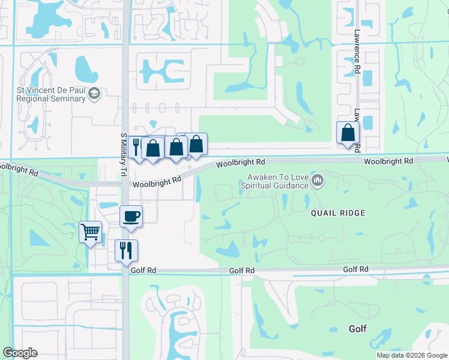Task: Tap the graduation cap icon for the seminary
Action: pos(95,94)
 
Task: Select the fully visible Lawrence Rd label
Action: pos(356,53)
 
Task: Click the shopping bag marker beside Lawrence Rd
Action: pos(348,133)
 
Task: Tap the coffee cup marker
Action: pos(131,217)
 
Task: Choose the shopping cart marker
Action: pos(90,231)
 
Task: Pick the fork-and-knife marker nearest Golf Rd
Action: pos(126,250)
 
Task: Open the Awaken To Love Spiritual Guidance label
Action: pos(276,181)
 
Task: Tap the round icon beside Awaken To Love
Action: pos(318,180)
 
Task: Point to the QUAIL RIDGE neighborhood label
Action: pos(337,213)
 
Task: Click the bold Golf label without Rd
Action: pos(358,329)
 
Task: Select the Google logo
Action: pos(20,353)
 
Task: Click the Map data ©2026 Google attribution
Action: pos(412,355)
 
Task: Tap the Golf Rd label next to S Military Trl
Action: pos(144,271)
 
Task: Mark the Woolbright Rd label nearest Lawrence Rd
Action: pos(388,161)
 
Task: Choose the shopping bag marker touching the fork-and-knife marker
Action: pos(153,148)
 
